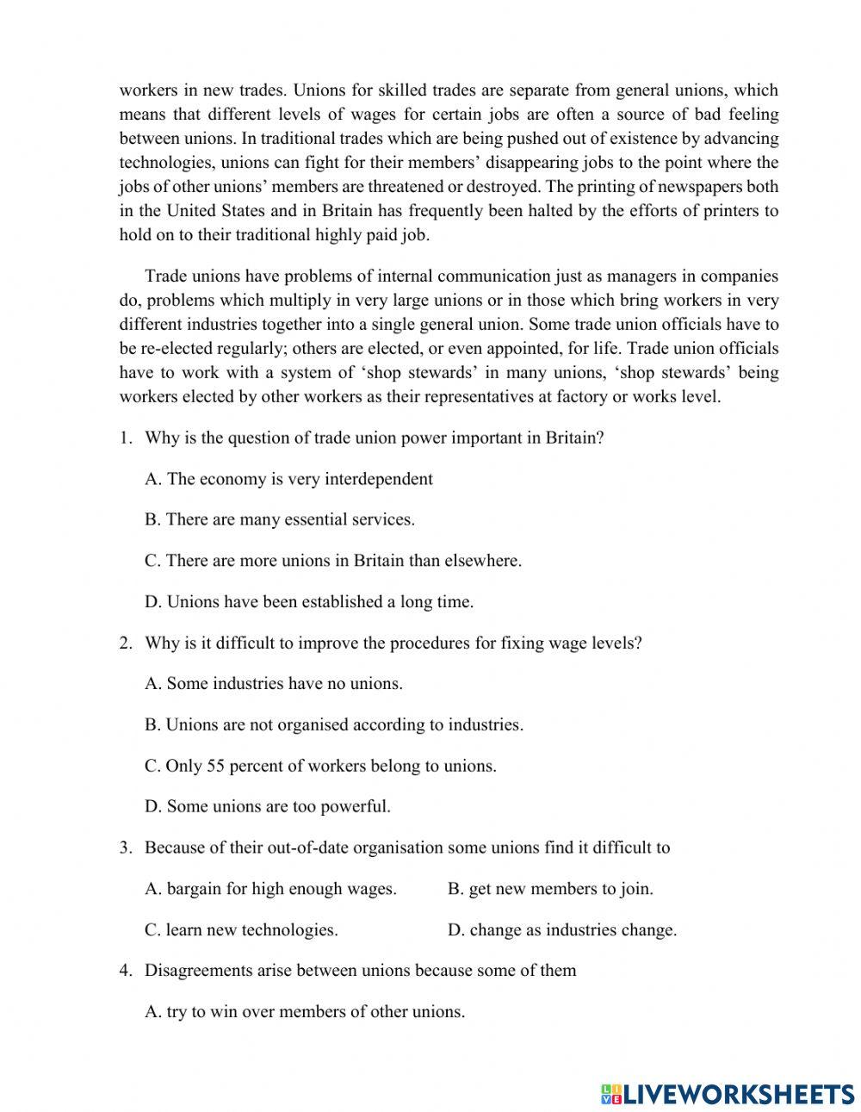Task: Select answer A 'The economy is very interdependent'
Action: pos(288,479)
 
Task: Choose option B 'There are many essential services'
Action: pos(280,519)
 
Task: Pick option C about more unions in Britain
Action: pos(333,561)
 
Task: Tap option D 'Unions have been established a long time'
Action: pos(309,602)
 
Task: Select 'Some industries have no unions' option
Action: pos(274,684)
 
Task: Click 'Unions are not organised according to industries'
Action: pos(334,725)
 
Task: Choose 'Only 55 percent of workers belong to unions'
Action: pos(320,766)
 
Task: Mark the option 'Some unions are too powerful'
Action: pos(268,807)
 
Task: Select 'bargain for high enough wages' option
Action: pos(271,889)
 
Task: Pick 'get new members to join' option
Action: pos(550,889)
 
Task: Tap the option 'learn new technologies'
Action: pos(241,930)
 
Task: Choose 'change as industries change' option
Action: pos(562,930)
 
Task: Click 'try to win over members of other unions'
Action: pos(305,1012)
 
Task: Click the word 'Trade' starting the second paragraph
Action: pos(164,276)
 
